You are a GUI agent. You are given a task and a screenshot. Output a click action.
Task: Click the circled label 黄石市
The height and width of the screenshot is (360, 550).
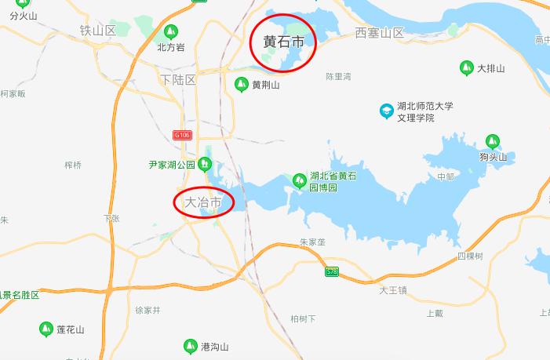[283, 42]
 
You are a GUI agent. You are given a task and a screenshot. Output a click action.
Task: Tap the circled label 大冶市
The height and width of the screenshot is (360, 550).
[203, 202]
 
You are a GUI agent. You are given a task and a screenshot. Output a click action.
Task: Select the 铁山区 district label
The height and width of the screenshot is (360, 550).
[97, 31]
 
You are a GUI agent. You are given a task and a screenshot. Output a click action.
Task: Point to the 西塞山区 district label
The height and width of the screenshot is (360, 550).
[379, 33]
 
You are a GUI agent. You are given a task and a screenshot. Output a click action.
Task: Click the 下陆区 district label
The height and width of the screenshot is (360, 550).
[177, 80]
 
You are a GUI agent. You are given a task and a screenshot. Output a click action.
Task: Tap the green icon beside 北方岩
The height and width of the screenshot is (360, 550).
[171, 32]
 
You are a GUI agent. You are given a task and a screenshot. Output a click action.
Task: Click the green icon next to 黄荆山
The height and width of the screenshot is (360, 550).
[241, 84]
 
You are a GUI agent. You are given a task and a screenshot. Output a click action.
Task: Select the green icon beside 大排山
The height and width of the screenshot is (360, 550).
[465, 68]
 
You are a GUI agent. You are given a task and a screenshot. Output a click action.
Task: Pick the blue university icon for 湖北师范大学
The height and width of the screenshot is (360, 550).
[386, 111]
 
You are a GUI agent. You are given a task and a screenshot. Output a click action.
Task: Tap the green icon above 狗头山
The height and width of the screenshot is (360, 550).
[493, 141]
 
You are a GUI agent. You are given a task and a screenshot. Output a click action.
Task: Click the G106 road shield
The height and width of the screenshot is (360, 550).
[183, 135]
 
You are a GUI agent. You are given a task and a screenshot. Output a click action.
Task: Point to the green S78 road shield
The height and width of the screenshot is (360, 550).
[332, 271]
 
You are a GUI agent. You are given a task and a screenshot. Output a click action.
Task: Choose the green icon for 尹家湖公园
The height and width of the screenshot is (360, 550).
[205, 165]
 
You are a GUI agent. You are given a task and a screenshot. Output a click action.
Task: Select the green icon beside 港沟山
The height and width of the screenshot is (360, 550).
[190, 346]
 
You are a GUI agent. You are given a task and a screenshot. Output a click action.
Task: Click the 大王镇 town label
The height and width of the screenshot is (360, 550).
[393, 290]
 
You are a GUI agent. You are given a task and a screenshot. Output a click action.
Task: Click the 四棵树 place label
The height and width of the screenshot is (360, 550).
[470, 256]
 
